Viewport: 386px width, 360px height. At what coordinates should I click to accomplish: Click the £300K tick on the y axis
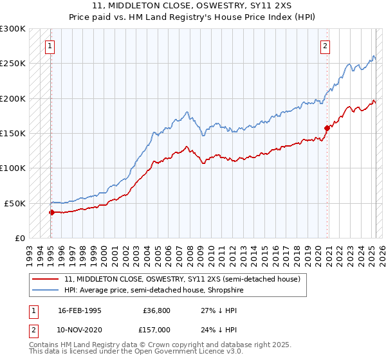coord(13,29)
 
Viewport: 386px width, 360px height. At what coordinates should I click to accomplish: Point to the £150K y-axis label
coord(13,134)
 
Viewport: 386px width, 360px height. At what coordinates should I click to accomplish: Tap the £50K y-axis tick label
coord(15,203)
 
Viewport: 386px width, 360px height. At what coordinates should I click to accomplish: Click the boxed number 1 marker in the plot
coord(50,46)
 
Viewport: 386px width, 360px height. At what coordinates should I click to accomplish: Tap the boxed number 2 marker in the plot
coord(326,46)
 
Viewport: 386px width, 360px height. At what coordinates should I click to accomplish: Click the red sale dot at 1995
coord(51,212)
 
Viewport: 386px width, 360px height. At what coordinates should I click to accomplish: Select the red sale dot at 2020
coord(327,128)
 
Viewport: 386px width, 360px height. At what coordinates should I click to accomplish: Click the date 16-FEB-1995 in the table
coord(80,310)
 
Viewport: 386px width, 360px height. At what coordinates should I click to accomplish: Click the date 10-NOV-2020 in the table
coord(80,329)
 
